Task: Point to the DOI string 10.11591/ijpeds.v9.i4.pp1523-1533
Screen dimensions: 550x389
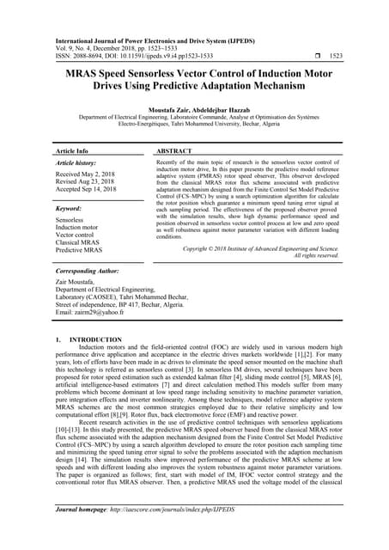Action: (x=162, y=56)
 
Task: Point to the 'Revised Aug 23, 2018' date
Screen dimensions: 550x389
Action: (x=90, y=182)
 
